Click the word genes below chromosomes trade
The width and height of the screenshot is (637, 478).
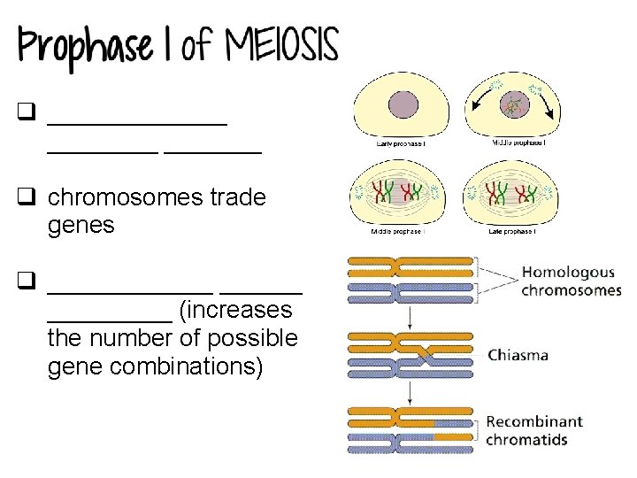(81, 225)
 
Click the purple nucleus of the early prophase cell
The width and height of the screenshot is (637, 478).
(406, 107)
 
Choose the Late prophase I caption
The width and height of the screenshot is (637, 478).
(510, 232)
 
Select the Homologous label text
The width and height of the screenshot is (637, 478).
(567, 273)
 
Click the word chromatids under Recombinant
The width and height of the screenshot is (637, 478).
(526, 439)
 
